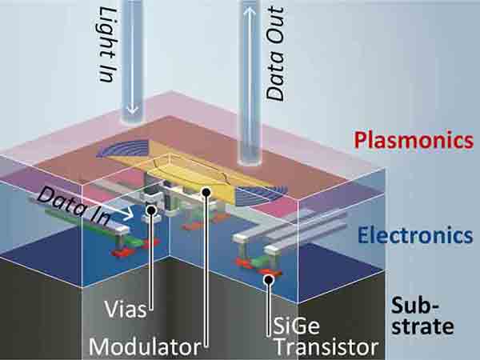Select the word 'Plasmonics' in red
(x=414, y=141)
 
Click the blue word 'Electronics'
(x=413, y=235)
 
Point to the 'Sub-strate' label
(x=424, y=315)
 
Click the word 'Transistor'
(x=325, y=346)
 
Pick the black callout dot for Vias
(x=149, y=210)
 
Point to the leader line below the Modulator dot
(x=208, y=272)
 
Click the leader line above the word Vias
(x=149, y=256)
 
